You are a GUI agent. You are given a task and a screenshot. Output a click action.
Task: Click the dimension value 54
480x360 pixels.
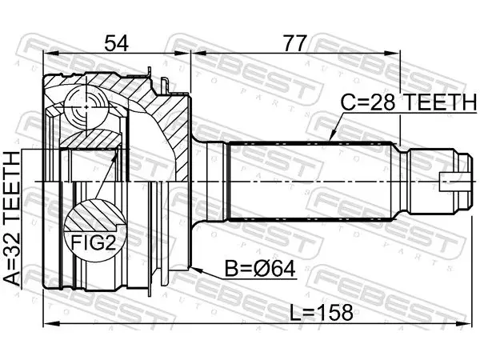[116, 43]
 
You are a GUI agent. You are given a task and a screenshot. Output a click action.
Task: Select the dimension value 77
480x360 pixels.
[294, 43]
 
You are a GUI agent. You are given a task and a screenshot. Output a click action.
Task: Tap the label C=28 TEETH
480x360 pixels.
[408, 102]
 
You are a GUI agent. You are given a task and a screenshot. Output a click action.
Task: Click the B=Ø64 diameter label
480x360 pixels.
[260, 270]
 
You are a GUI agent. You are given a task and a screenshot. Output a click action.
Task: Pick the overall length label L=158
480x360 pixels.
[321, 313]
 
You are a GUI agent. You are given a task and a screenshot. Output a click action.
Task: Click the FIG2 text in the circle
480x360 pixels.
[94, 243]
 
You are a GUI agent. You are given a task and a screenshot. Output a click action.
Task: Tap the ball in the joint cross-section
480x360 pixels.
[86, 107]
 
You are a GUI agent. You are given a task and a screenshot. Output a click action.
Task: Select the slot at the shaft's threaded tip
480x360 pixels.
[450, 182]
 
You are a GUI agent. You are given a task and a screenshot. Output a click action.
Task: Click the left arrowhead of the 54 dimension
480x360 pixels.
[51, 54]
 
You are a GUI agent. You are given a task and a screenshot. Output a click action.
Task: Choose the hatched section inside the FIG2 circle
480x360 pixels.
[94, 216]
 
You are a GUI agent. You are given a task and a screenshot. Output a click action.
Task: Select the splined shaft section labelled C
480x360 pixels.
[310, 181]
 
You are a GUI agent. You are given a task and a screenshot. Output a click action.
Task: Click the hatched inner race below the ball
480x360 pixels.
[91, 139]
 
